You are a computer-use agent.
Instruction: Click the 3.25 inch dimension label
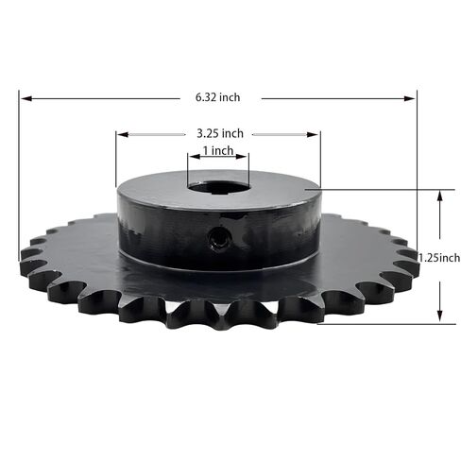[218, 133]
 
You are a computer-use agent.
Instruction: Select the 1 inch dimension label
[217, 151]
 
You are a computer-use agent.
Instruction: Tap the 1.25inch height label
[437, 257]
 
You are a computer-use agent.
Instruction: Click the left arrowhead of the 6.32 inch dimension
[24, 96]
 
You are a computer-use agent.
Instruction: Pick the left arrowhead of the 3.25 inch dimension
[121, 134]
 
